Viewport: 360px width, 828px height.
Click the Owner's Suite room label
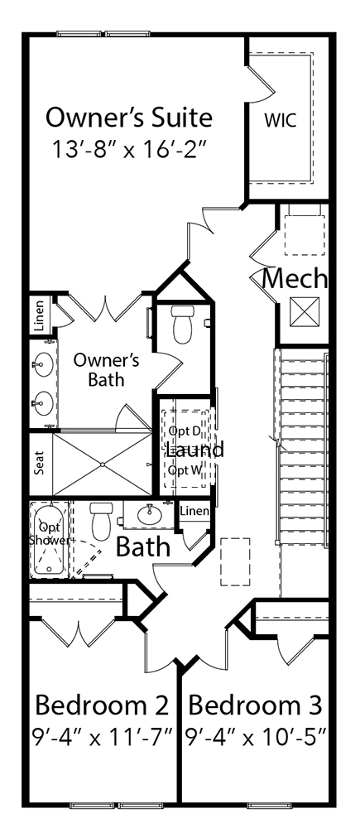128,118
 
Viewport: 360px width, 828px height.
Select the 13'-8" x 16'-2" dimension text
128,151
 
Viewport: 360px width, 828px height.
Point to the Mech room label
295,279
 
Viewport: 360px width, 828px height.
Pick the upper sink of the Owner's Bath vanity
43,364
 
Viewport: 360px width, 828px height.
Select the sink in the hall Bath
149,514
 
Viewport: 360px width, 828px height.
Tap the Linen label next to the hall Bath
194,511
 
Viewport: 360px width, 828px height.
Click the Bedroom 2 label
102,706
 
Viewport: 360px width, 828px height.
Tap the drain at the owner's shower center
102,465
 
